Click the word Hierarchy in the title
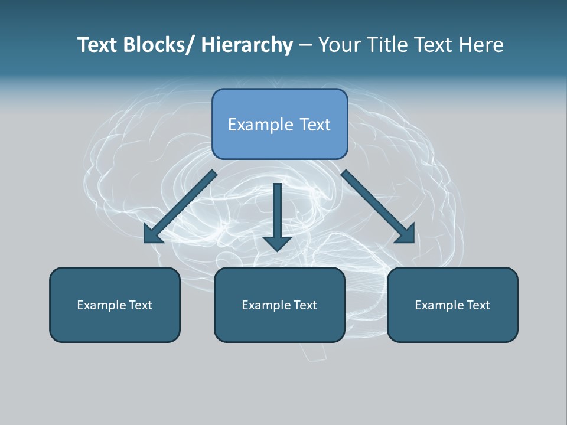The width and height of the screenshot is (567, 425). pyautogui.click(x=247, y=45)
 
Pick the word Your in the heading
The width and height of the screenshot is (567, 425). pyautogui.click(x=338, y=45)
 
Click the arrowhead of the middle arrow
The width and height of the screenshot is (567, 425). pyautogui.click(x=277, y=243)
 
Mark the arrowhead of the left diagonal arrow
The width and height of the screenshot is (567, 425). pyautogui.click(x=152, y=234)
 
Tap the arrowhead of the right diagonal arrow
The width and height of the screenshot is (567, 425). pyautogui.click(x=406, y=234)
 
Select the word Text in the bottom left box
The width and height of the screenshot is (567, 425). pyautogui.click(x=141, y=305)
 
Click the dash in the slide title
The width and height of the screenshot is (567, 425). pyautogui.click(x=305, y=45)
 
